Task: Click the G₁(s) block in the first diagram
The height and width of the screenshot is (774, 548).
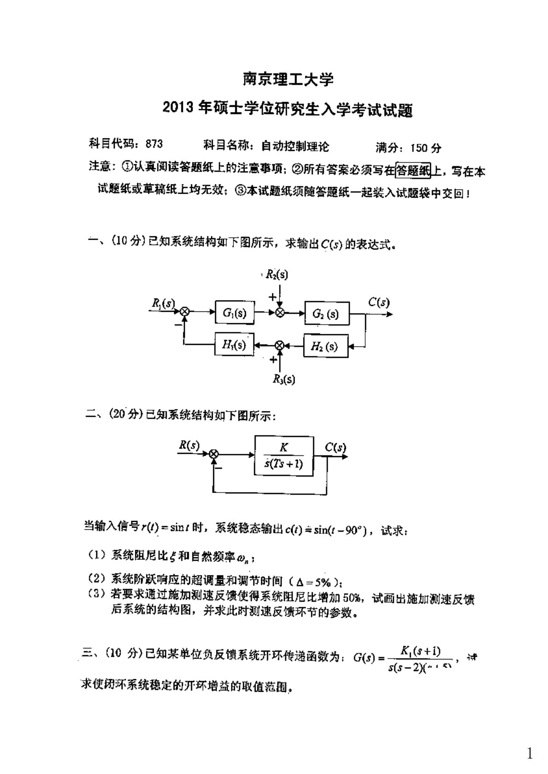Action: tap(234, 313)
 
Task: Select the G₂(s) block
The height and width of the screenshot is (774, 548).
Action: tap(326, 314)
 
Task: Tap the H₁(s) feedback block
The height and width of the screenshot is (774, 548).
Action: tap(234, 345)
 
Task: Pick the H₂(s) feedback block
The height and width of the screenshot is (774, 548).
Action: tap(325, 346)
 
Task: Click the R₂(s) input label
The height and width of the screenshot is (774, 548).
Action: tap(276, 275)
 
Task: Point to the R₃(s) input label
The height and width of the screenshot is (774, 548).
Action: tap(284, 379)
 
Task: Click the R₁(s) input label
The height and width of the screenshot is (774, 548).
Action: tap(163, 303)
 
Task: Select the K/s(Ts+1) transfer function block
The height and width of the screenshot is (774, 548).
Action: tap(284, 456)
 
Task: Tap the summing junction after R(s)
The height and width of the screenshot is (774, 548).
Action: tap(213, 454)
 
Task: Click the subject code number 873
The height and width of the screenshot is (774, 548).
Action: tap(154, 144)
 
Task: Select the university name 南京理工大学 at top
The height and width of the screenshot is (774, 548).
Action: tap(288, 79)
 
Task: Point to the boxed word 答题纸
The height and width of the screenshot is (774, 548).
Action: tap(413, 171)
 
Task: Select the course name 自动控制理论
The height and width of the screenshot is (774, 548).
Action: tap(295, 146)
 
